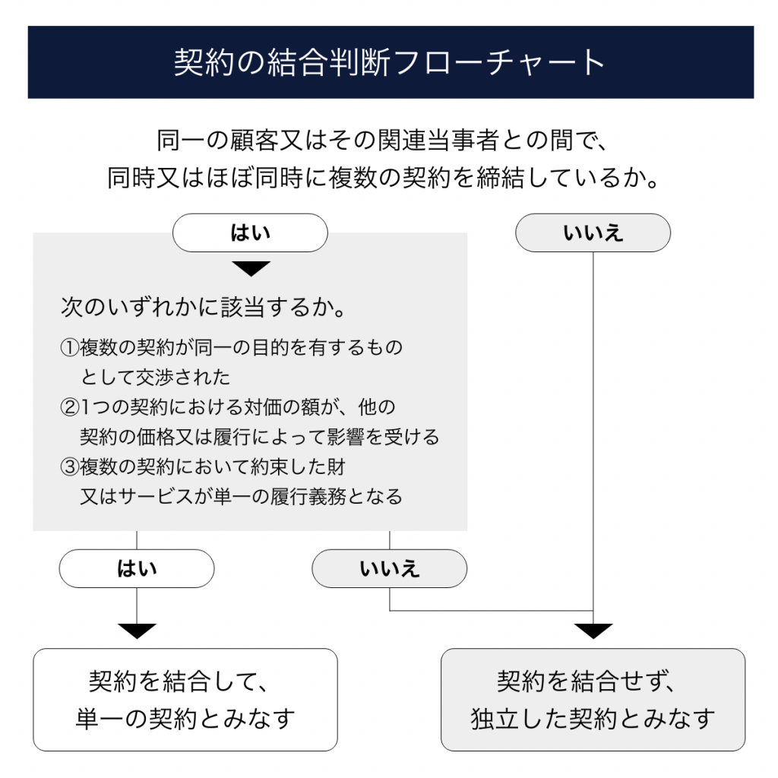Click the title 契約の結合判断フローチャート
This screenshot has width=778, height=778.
(x=390, y=62)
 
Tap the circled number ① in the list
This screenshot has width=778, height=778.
(x=70, y=348)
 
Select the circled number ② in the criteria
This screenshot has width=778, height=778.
(x=70, y=408)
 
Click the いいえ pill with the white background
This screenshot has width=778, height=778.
(x=593, y=232)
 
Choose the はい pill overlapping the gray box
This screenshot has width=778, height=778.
(x=250, y=232)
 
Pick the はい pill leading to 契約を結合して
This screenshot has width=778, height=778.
(x=137, y=568)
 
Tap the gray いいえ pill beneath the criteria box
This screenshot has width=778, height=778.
(x=390, y=568)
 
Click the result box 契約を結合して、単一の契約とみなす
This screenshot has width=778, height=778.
(x=185, y=699)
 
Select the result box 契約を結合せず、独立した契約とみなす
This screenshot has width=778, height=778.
(x=593, y=699)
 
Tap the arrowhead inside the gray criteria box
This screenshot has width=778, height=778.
(x=250, y=268)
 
